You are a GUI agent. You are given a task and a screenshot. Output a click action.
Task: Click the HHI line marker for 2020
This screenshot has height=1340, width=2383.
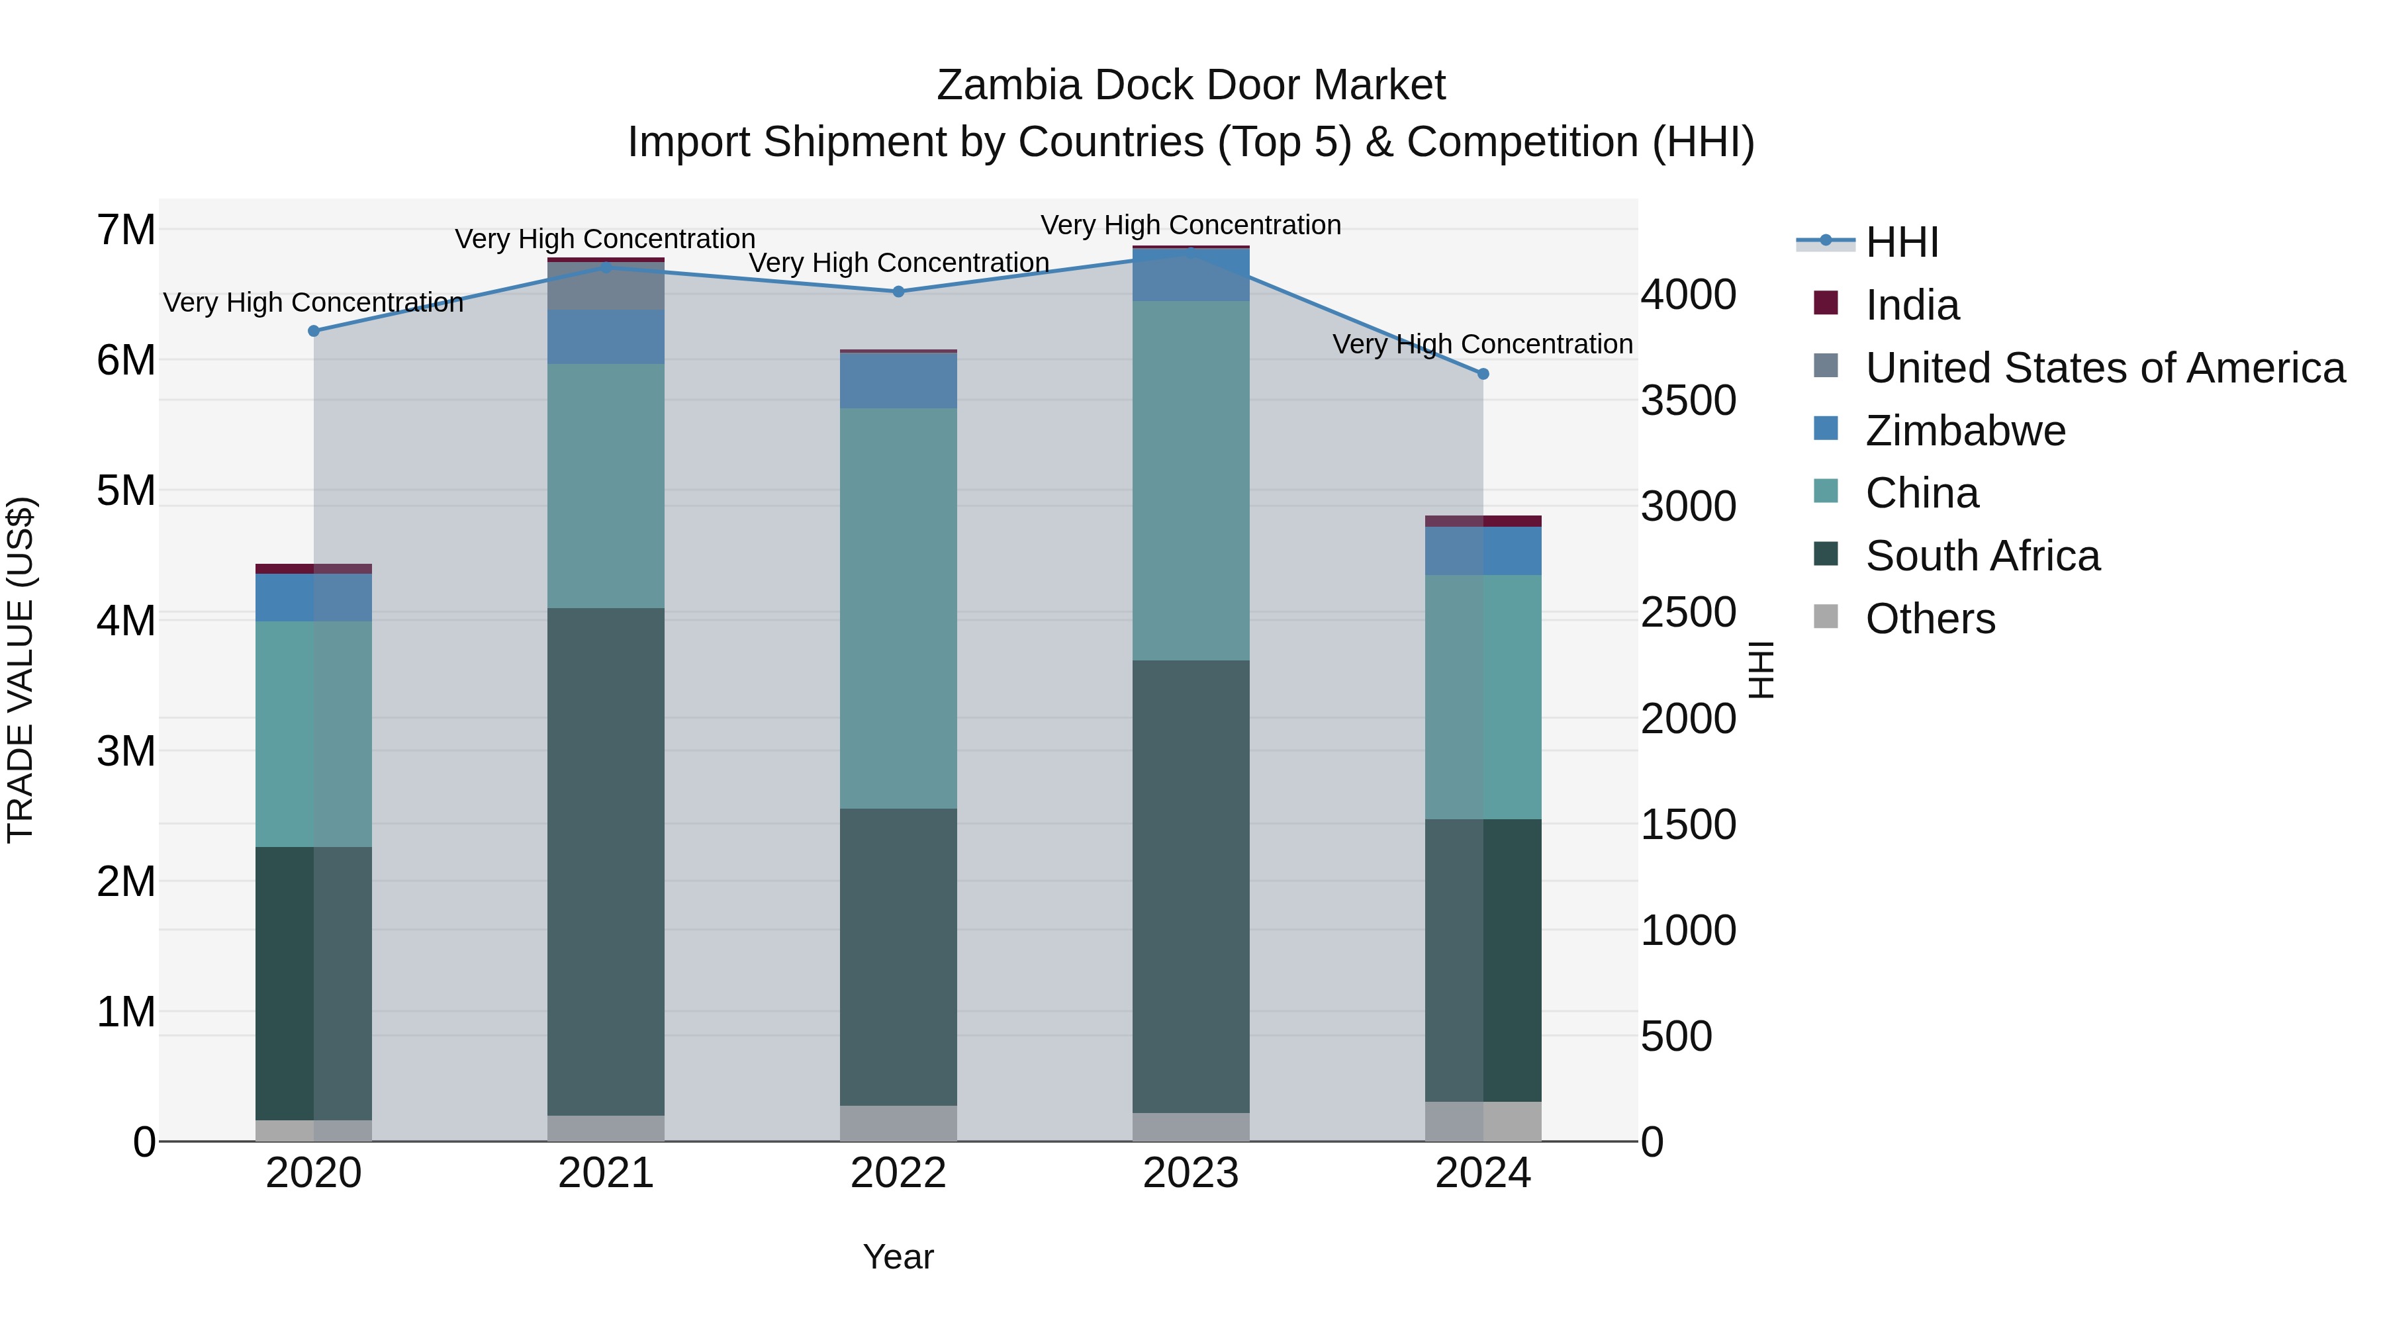click(314, 331)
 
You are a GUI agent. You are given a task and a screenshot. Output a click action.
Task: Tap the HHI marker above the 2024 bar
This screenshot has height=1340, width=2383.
click(1483, 375)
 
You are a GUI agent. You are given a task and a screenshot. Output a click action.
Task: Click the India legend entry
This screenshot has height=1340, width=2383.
click(1911, 305)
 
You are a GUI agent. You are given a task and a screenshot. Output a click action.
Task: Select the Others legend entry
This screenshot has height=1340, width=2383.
click(1930, 619)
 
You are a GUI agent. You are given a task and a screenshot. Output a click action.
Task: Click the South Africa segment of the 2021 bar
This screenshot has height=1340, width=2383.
click(606, 860)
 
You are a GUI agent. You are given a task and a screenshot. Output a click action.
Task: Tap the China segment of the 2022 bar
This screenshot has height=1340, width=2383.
click(898, 609)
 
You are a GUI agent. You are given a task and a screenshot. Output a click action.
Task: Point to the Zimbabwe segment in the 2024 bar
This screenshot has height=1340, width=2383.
click(1483, 551)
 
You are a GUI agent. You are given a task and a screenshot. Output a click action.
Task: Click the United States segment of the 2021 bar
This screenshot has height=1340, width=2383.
click(606, 287)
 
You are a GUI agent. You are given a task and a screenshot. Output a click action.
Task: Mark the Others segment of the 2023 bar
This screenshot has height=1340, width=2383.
click(1191, 1128)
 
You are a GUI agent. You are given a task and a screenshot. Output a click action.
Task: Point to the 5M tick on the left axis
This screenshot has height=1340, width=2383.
click(126, 491)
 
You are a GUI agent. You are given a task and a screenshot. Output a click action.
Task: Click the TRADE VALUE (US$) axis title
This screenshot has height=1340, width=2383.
click(21, 670)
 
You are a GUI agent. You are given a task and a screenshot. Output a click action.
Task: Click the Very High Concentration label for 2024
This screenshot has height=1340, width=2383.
click(1482, 345)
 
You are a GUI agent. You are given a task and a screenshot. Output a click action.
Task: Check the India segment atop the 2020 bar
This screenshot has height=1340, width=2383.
click(314, 568)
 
